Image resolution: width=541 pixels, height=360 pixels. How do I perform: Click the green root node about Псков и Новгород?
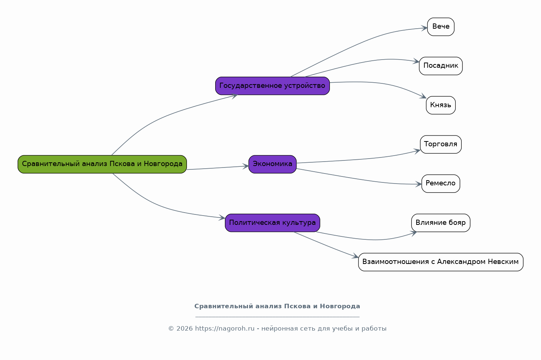tap(102, 164)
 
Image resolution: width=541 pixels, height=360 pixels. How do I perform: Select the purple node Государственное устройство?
tap(273, 86)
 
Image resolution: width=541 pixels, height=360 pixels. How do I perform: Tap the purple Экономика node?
tap(273, 164)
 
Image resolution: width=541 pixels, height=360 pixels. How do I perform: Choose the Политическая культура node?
tap(273, 223)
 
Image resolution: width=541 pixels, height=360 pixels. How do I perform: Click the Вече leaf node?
tap(441, 27)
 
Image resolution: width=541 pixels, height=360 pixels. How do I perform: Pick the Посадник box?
tap(441, 66)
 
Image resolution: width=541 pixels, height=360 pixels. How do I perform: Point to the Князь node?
tap(441, 105)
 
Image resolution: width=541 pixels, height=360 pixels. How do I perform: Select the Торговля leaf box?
tap(441, 144)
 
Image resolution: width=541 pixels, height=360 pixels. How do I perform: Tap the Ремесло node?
tap(441, 184)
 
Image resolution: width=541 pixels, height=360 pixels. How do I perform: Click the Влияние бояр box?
tap(441, 223)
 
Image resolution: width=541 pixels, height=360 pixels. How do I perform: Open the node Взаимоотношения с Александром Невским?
tap(441, 262)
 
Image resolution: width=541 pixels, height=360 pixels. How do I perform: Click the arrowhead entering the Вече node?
tap(424, 28)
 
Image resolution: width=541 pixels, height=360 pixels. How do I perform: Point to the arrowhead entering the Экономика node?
tap(246, 166)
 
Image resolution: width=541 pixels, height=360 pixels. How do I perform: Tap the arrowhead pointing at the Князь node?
tap(423, 96)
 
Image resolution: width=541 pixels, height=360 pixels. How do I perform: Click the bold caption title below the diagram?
tap(277, 306)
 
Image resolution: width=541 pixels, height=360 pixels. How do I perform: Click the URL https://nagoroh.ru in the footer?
tap(225, 329)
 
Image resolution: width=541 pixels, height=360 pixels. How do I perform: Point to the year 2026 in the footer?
tap(185, 329)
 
